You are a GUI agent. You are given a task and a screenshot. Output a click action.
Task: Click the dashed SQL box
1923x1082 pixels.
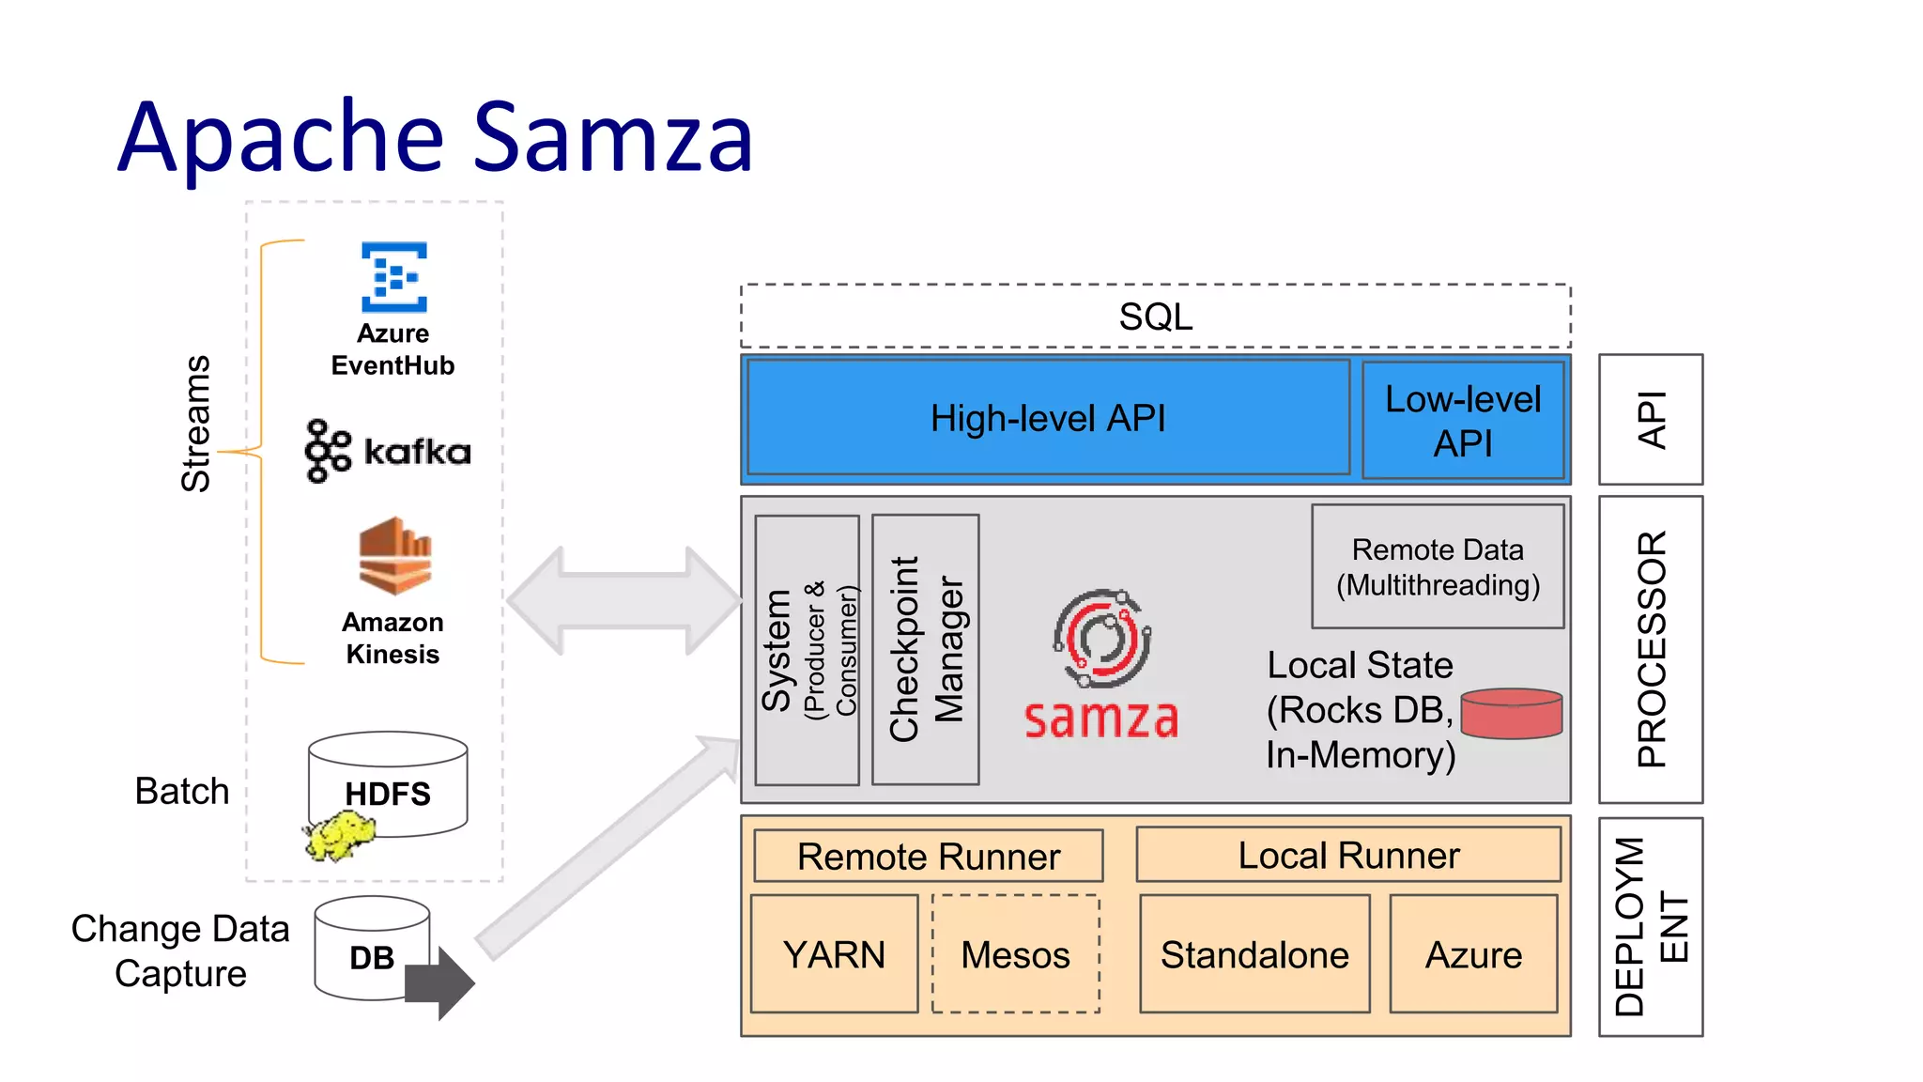click(1155, 317)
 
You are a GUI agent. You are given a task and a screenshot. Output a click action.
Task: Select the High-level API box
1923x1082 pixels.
click(1048, 418)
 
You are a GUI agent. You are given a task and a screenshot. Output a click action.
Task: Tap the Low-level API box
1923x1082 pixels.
click(1463, 420)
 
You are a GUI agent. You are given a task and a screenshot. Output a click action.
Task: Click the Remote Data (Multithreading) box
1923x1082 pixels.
click(1438, 566)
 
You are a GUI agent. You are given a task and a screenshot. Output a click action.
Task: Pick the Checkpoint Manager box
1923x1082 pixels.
click(925, 649)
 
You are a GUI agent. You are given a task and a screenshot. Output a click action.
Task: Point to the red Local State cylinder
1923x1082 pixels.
click(1512, 714)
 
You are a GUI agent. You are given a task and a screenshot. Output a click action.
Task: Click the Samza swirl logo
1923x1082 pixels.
click(1101, 639)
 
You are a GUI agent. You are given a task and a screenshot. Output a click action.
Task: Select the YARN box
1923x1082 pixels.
click(834, 954)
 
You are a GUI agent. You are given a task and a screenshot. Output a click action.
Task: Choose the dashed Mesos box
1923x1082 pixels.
click(1015, 954)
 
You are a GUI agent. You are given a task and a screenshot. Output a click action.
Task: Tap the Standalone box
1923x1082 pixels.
click(1254, 954)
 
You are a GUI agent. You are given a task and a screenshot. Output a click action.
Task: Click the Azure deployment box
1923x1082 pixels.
click(1473, 954)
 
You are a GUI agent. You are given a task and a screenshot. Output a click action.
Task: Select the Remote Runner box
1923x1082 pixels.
click(928, 856)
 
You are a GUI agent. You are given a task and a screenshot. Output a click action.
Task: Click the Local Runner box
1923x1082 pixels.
click(1348, 855)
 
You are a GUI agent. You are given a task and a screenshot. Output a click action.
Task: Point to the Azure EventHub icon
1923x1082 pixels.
click(394, 277)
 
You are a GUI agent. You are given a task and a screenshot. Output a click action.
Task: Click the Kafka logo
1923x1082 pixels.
click(388, 451)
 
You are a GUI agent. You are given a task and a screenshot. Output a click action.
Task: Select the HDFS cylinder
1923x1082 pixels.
click(388, 784)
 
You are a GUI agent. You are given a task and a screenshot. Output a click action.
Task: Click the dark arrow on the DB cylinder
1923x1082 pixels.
click(441, 982)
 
